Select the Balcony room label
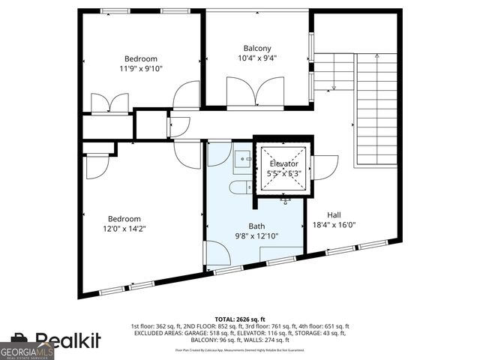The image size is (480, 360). (x=256, y=48)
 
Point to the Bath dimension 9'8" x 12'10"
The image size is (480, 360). (x=256, y=235)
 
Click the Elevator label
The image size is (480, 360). (x=283, y=163)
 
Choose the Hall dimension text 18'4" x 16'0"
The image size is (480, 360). (x=333, y=224)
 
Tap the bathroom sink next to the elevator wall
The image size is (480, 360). (x=242, y=159)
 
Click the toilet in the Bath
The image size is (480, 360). (x=241, y=187)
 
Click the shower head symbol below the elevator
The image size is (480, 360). (x=286, y=200)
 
